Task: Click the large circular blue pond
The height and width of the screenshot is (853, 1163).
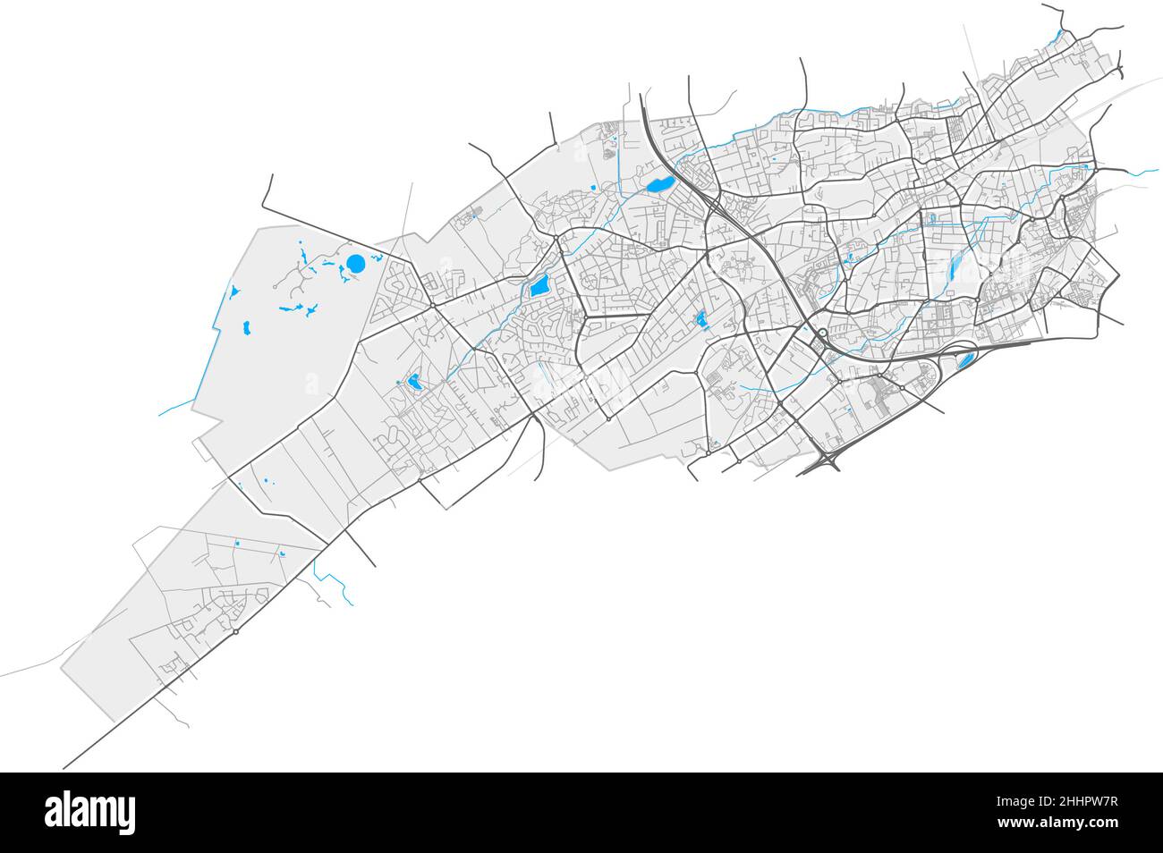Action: (x=355, y=265)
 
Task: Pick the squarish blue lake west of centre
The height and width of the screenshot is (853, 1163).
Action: (x=539, y=287)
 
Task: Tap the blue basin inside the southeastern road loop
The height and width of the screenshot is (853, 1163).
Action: (x=964, y=361)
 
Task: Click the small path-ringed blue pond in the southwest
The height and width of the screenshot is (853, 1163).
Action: (x=413, y=383)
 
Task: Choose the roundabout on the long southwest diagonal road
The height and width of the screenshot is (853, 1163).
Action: (x=235, y=632)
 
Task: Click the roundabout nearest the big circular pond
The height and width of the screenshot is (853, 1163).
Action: (x=432, y=305)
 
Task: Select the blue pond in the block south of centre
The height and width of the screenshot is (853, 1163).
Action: (x=700, y=318)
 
